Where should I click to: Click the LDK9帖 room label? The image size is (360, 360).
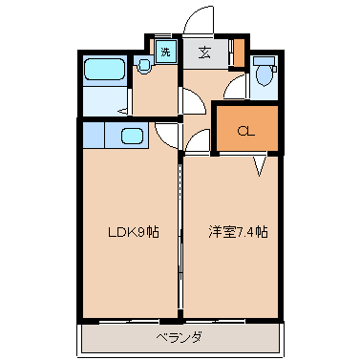coord(134,232)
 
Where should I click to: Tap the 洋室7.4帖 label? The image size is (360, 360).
coord(238,232)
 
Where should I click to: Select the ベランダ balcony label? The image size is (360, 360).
coord(180,337)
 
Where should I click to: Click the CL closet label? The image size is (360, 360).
coord(246,131)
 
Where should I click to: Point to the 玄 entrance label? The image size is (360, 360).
coord(204,53)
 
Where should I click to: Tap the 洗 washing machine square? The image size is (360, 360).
coord(165,52)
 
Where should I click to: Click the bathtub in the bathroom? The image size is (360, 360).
coord(104,70)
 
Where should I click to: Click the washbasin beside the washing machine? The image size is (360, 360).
coord(143,66)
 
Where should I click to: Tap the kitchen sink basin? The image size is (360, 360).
coord(132,136)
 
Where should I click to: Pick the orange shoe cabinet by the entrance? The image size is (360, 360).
coord(239,53)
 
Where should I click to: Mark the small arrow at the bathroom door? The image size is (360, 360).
coord(123,111)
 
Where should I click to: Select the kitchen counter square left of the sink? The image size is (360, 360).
coord(94,136)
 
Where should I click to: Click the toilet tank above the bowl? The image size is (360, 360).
coord(264,61)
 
